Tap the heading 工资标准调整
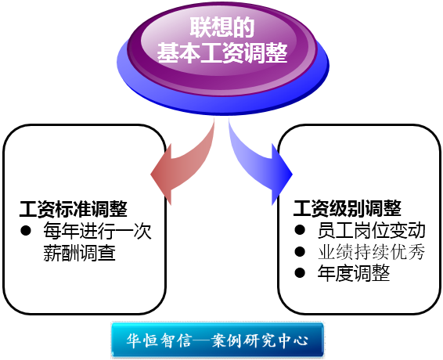tap(74, 209)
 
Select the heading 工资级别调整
tap(348, 208)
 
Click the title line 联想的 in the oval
tap(222, 27)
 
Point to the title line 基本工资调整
tap(222, 53)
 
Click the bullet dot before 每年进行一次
tap(26, 231)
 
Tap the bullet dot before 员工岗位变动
tap(300, 230)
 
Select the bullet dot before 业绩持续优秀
tap(300, 251)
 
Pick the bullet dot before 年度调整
tap(300, 272)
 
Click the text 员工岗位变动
tap(371, 230)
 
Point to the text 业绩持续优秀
tap(371, 252)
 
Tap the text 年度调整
tap(354, 273)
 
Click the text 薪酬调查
tap(80, 253)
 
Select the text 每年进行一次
tap(98, 231)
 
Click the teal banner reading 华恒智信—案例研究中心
tap(218, 340)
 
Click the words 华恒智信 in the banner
tap(160, 340)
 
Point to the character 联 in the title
tap(200, 27)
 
